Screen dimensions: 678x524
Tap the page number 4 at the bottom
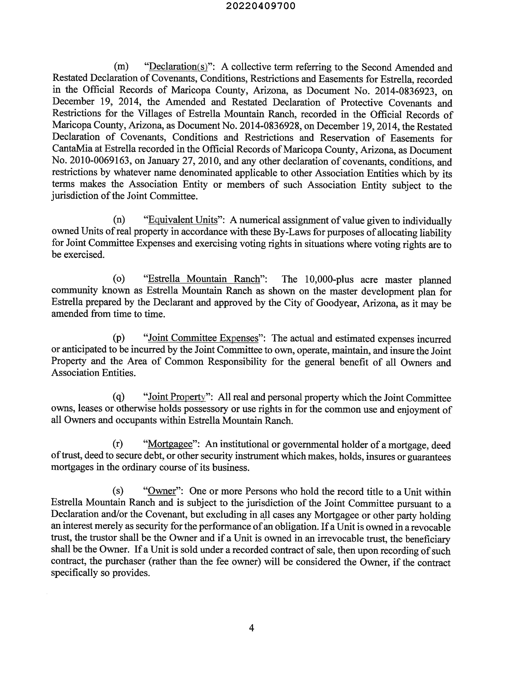[251, 628]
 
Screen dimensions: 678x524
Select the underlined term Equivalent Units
[183, 220]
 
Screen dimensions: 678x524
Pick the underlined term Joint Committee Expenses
[203, 338]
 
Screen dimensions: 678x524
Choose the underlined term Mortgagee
[170, 444]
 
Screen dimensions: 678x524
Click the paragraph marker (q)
[119, 397]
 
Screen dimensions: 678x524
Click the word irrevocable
[333, 538]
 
